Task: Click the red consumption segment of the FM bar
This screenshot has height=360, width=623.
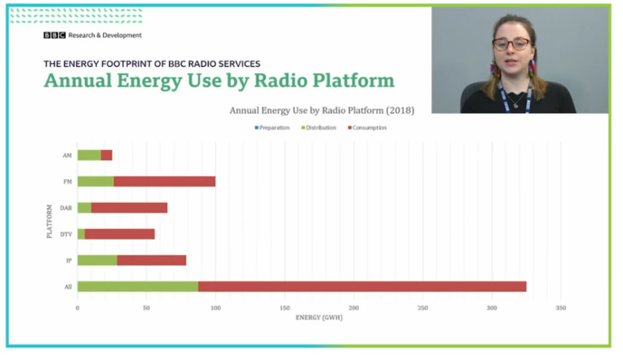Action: point(165,181)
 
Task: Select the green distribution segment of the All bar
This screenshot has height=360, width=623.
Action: point(137,286)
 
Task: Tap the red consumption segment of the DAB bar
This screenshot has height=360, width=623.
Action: point(128,207)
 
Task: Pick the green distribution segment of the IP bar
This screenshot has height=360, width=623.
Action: point(97,261)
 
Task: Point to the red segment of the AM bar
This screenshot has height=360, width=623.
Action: point(107,155)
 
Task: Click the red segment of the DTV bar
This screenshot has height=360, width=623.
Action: point(119,233)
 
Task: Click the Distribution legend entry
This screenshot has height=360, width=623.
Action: point(317,128)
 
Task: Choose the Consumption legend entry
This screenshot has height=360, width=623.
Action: point(366,128)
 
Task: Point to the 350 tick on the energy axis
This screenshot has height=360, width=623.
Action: point(561,308)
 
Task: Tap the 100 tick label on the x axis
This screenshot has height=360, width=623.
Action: point(215,308)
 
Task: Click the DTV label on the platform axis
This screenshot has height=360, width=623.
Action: point(66,233)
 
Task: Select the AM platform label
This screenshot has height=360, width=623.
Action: point(67,155)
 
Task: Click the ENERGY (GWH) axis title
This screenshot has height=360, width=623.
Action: point(319,317)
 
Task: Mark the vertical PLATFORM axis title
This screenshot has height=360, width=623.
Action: point(49,221)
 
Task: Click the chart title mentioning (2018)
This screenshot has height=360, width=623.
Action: point(321,110)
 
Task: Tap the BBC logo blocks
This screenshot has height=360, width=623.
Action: point(54,35)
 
